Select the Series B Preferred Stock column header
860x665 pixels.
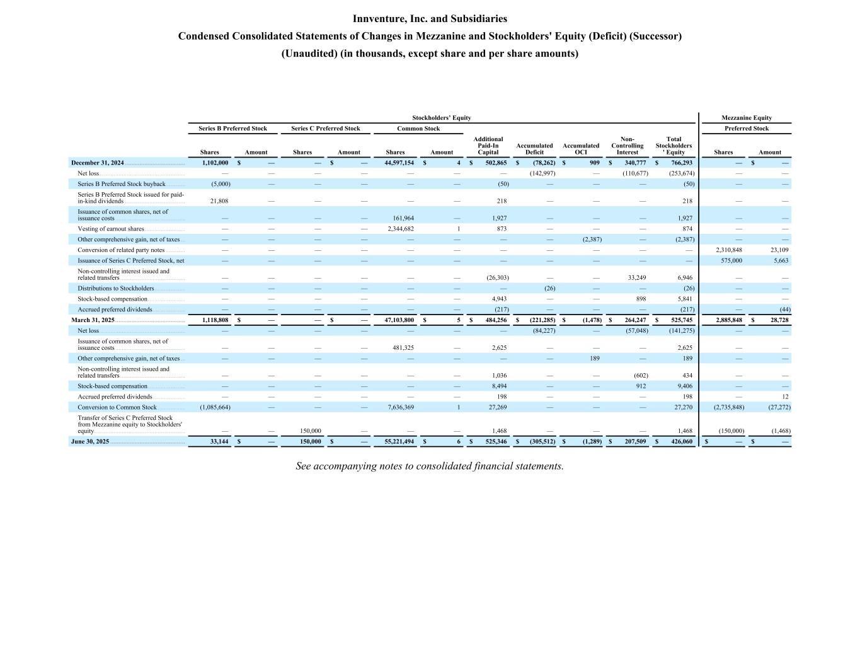coord(232,129)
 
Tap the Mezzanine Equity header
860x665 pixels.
coord(746,118)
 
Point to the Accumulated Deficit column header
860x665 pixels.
coord(534,149)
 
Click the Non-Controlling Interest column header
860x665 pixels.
coord(627,146)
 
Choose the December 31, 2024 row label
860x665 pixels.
coord(98,163)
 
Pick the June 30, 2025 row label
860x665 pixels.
coord(90,441)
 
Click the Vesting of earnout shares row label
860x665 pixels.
coord(111,229)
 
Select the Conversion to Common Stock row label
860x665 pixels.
coord(117,407)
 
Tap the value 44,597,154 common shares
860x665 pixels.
coord(399,163)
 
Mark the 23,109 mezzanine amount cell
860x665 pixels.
coord(779,250)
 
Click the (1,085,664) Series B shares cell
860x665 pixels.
coord(215,407)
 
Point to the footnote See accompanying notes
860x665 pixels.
coord(429,466)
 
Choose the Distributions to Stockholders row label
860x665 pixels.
coord(116,288)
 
